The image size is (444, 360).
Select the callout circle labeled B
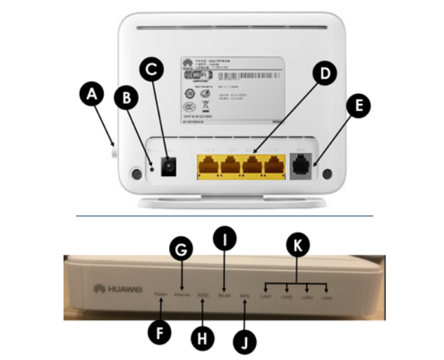[x=127, y=99]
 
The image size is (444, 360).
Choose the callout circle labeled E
[x=359, y=107]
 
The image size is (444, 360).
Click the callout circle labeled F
[x=161, y=333]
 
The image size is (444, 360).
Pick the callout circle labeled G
[x=181, y=249]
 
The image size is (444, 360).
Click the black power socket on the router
[x=168, y=167]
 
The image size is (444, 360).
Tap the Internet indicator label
[x=182, y=294]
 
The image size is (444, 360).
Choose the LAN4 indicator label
[x=326, y=299]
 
